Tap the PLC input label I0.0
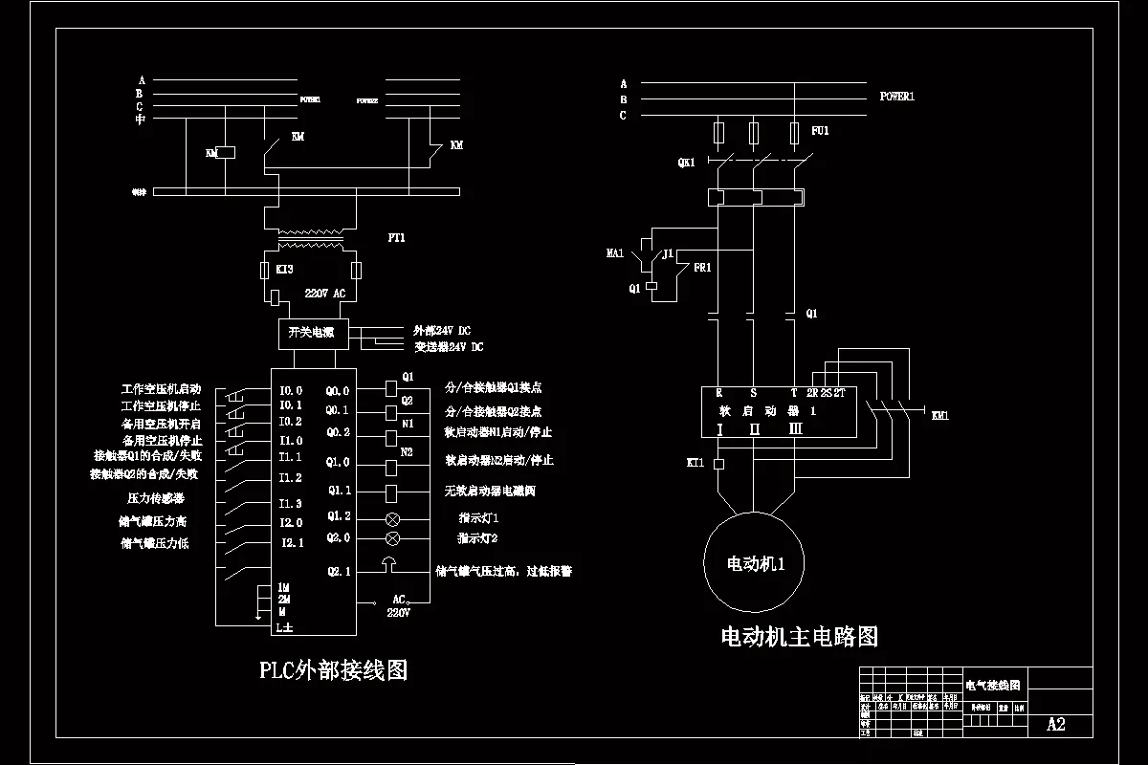(x=290, y=390)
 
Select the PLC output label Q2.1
(x=339, y=571)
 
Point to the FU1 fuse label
(x=820, y=130)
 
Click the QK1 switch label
(x=686, y=163)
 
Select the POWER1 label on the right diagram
(x=897, y=97)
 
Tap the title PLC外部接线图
(x=333, y=669)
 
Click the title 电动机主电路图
(x=798, y=636)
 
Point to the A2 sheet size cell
(x=1055, y=724)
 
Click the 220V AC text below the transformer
(x=324, y=294)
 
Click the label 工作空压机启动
(x=161, y=389)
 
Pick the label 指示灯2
(x=477, y=538)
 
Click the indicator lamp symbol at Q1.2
(x=391, y=519)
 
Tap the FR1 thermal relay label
(x=702, y=268)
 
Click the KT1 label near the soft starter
(x=695, y=463)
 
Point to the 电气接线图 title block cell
(x=992, y=686)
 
